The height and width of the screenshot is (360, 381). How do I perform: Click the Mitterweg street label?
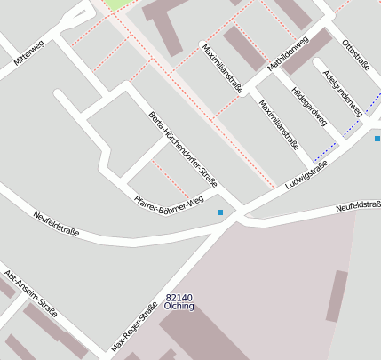point(29,53)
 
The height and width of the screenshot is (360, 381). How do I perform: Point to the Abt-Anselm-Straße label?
point(30,293)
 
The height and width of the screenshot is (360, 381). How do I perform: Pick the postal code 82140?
point(179,297)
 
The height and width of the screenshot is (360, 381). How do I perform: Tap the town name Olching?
point(179,306)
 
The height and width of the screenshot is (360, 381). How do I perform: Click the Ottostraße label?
point(355,52)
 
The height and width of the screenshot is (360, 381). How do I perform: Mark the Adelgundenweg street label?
point(342,92)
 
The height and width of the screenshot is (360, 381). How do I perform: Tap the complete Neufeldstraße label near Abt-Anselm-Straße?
point(56,223)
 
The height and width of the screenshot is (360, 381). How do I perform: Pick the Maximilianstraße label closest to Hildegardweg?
point(279,124)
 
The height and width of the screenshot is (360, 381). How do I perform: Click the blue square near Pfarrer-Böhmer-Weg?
point(220,212)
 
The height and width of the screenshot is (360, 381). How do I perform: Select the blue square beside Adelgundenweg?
point(377,139)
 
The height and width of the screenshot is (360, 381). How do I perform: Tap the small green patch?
point(115,4)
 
